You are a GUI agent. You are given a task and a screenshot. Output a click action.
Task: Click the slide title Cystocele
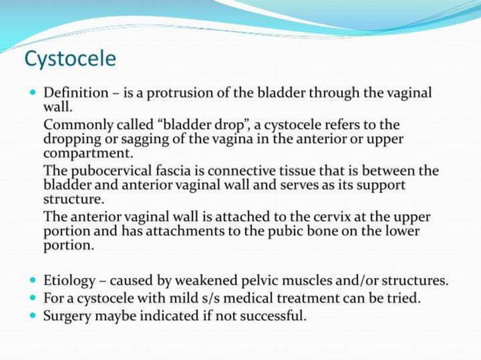pyautogui.click(x=70, y=57)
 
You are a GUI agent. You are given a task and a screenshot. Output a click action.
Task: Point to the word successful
pyautogui.click(x=271, y=316)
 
